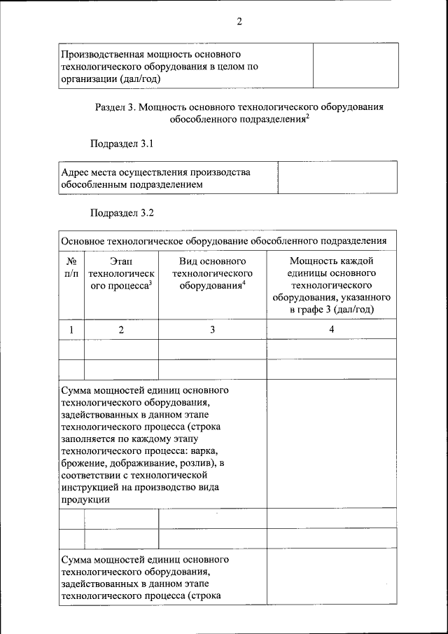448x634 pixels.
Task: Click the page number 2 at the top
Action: [x=239, y=22]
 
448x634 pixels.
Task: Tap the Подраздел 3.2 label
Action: [x=121, y=212]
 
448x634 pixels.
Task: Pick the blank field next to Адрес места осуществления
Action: [x=337, y=178]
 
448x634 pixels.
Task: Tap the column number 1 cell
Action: [x=71, y=330]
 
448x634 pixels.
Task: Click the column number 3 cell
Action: [x=212, y=330]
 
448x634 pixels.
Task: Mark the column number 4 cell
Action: [x=332, y=330]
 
